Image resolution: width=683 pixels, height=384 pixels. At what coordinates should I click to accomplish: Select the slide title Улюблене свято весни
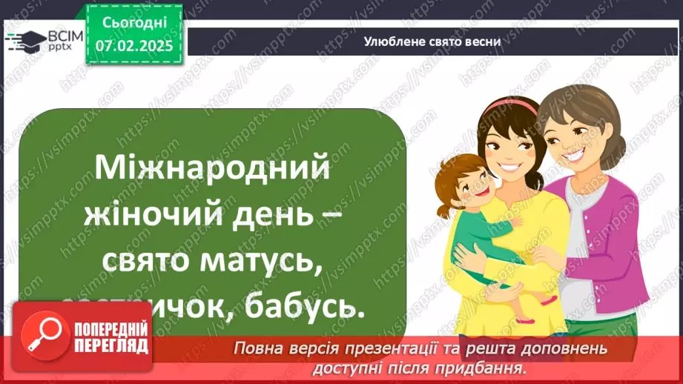click(x=433, y=42)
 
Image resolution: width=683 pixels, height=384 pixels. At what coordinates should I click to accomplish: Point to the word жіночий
click(x=147, y=216)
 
